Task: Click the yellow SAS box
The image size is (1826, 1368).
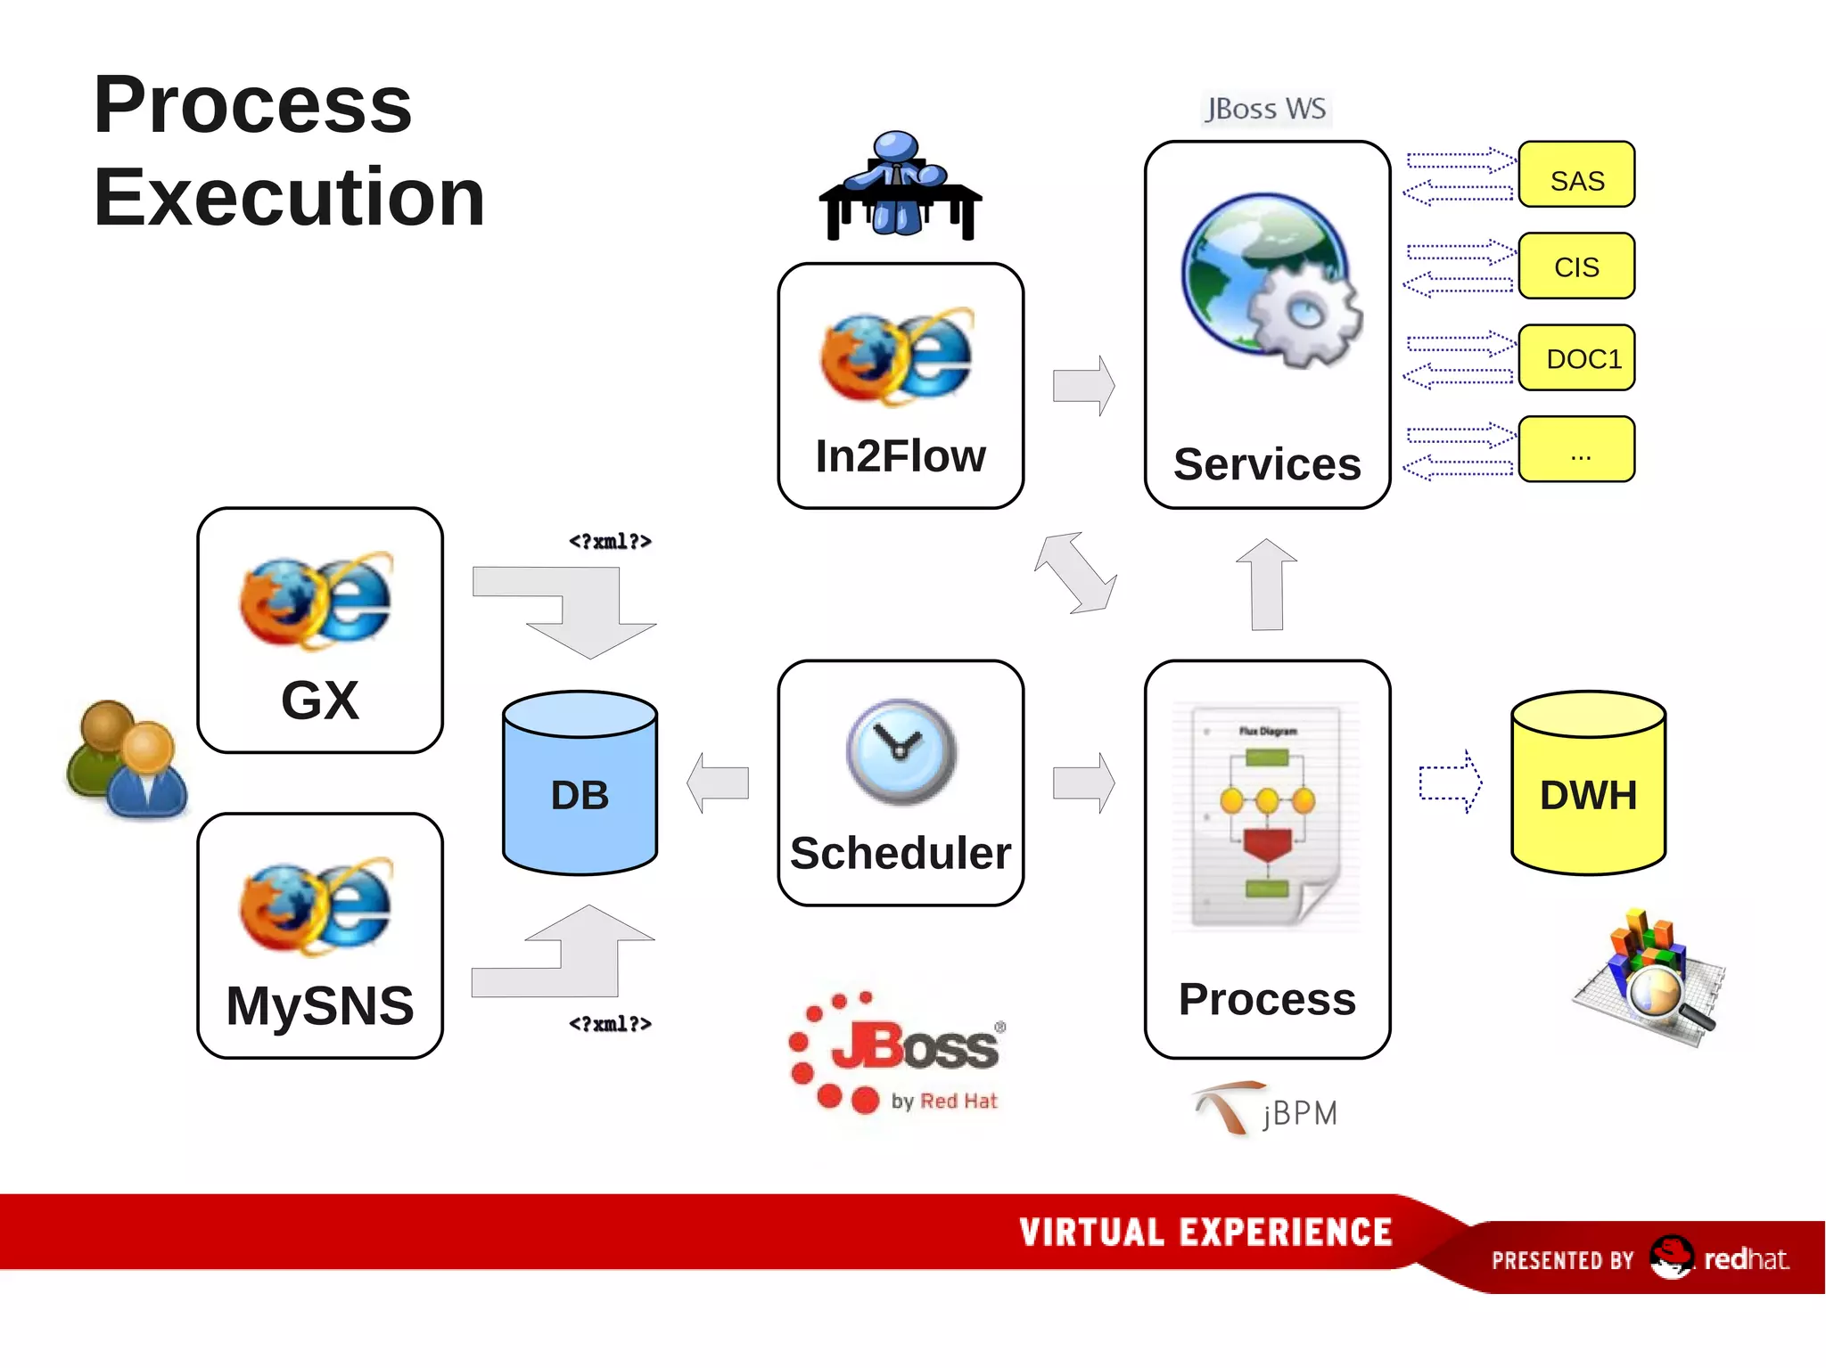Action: coord(1575,175)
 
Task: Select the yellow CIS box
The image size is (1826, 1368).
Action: coord(1575,266)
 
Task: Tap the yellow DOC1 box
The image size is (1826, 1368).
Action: coord(1575,357)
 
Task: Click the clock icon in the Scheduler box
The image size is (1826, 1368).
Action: coord(901,751)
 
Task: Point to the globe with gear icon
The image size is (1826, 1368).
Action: coord(1271,281)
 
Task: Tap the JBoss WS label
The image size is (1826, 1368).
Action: coord(1265,109)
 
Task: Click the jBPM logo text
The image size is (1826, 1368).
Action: coord(1299,1113)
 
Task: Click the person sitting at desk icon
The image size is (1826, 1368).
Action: coord(899,186)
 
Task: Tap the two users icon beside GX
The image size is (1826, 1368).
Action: coord(127,759)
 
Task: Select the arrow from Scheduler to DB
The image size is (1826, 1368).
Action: coord(718,782)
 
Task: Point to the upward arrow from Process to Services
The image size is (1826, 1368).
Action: coord(1266,584)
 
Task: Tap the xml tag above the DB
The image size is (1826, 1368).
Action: coord(610,541)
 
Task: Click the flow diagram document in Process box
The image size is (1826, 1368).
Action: coord(1266,815)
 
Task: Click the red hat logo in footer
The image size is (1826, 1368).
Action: coord(1670,1257)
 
